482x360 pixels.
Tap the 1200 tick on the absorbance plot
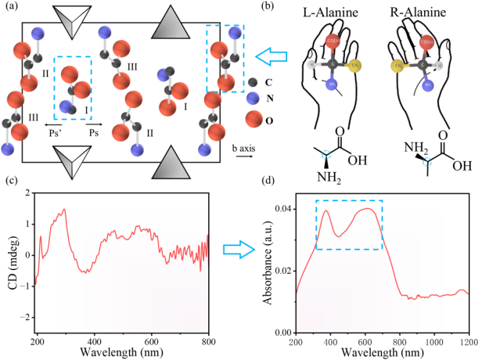466,344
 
